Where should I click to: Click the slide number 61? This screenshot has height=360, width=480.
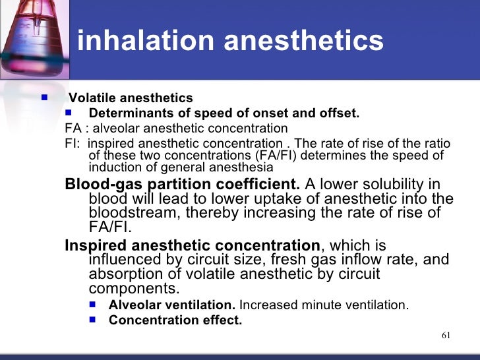pos(446,336)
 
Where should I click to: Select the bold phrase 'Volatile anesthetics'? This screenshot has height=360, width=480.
pos(131,98)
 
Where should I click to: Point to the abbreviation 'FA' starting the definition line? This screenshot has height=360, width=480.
pos(72,129)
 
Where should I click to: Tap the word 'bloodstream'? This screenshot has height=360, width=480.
pos(133,213)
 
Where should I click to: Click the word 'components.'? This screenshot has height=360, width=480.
pos(133,288)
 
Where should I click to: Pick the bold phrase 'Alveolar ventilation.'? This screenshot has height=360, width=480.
pos(172,305)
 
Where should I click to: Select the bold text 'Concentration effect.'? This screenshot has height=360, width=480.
pos(175,321)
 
